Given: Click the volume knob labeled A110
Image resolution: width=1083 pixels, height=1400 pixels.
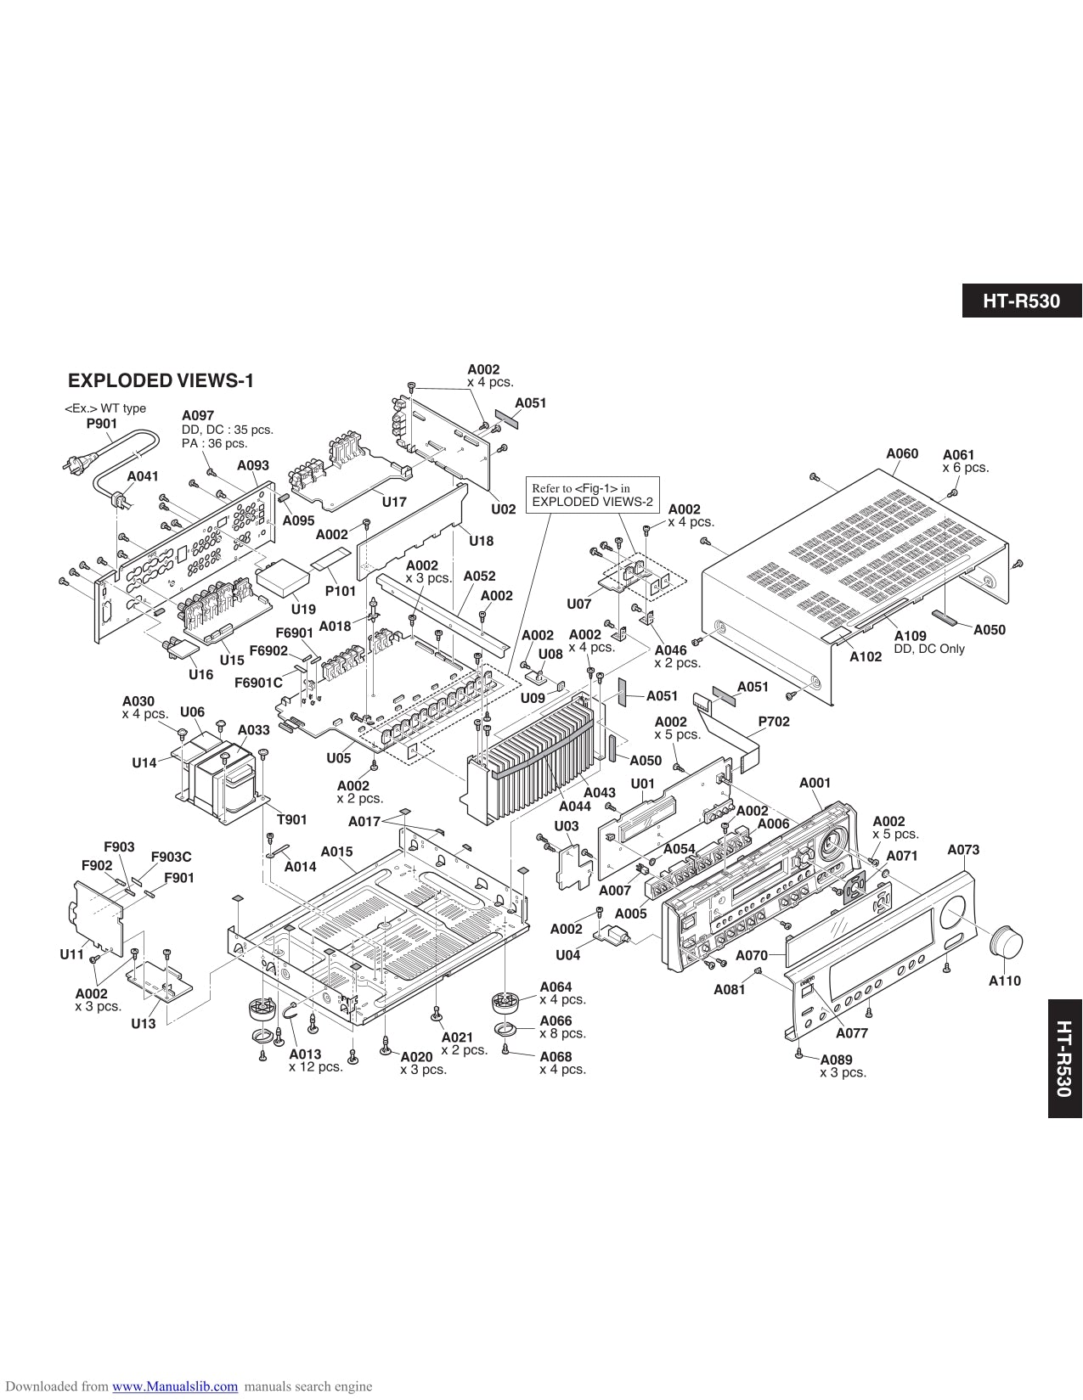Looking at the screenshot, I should (1007, 943).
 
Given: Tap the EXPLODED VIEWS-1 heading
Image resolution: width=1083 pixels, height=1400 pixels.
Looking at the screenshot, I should (161, 380).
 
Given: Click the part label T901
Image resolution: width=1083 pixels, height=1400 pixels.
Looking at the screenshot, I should (291, 819).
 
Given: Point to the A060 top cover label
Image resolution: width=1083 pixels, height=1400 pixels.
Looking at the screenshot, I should (901, 453).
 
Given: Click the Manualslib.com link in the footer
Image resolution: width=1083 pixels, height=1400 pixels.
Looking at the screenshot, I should (175, 1386).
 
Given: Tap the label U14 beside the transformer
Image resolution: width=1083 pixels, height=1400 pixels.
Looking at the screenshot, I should (144, 762).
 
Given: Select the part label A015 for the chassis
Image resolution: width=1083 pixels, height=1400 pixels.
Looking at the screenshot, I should (336, 851).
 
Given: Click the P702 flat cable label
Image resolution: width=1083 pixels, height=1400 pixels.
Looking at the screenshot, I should (773, 722).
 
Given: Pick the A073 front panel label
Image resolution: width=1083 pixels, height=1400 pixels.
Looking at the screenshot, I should (963, 849).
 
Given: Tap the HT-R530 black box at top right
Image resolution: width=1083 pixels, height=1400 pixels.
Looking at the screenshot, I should (1022, 301).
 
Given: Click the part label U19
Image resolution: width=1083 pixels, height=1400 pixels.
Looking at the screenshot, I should (302, 609).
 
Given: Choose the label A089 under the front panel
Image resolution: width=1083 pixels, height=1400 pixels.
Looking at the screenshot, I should (836, 1060).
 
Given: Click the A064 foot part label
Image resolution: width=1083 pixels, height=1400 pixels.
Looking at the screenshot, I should (556, 987).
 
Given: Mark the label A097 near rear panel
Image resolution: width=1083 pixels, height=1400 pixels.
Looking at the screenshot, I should (198, 415).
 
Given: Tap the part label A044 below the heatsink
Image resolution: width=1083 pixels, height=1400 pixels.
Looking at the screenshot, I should (574, 806).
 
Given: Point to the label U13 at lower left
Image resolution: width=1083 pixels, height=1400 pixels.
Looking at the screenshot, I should (143, 1023).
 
